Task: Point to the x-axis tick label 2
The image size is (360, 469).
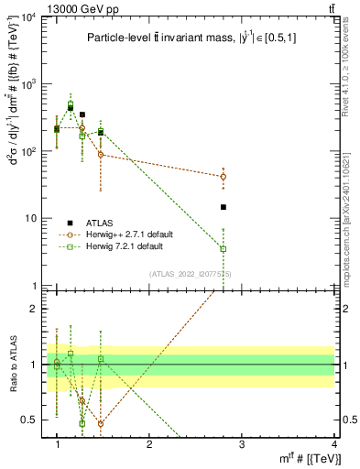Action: point(149,444)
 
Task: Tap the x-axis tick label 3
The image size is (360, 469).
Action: point(242,444)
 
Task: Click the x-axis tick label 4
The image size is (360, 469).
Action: point(333,444)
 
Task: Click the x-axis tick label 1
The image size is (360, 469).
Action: point(57,444)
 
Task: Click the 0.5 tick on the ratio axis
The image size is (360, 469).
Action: point(32,420)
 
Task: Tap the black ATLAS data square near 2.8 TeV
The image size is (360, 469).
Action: point(224,207)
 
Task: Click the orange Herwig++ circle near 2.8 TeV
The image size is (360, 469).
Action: point(224,176)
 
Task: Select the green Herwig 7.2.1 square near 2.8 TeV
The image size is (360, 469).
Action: point(224,248)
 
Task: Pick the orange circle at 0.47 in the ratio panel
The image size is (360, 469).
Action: point(101,423)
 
